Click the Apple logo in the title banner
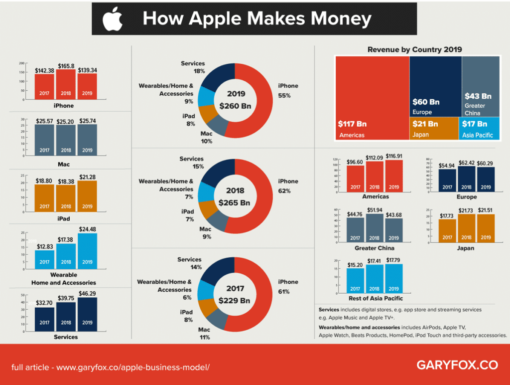tap(112, 19)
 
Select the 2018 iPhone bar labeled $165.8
tap(66, 84)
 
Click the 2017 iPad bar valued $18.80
tap(45, 199)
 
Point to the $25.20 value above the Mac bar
tap(66, 121)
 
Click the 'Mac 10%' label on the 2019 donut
tap(206, 138)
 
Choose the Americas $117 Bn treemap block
tap(372, 98)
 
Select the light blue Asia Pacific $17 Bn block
tap(480, 128)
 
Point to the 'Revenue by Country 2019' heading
tap(414, 49)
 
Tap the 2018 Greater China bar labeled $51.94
tap(375, 228)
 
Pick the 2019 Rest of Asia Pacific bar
tap(394, 280)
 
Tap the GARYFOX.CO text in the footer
tap(457, 365)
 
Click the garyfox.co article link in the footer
tap(111, 367)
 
